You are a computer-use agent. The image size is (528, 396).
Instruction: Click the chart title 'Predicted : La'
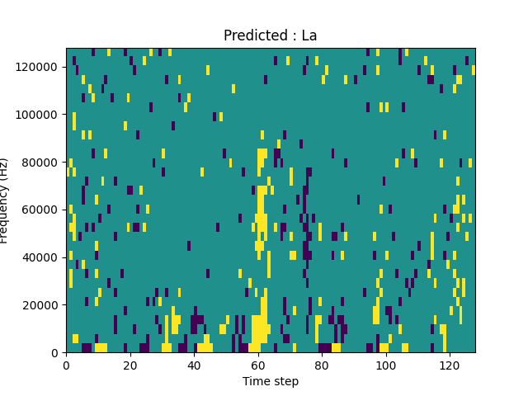pyautogui.click(x=270, y=35)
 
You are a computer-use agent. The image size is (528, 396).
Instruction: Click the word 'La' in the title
pyautogui.click(x=309, y=35)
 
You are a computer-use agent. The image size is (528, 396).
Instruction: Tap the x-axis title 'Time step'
pyautogui.click(x=270, y=381)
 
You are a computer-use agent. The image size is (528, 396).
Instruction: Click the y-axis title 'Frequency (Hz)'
pyautogui.click(x=5, y=200)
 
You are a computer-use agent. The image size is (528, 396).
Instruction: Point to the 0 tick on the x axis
pyautogui.click(x=67, y=365)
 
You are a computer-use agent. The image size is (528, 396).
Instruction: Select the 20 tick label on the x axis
pyautogui.click(x=130, y=365)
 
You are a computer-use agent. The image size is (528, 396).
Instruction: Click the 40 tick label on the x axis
pyautogui.click(x=194, y=365)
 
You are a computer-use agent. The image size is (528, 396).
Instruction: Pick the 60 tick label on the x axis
pyautogui.click(x=257, y=365)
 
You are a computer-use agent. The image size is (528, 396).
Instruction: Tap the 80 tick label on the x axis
pyautogui.click(x=322, y=365)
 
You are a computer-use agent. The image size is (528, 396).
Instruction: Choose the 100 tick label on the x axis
pyautogui.click(x=385, y=365)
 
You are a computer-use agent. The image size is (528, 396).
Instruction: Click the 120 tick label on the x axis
pyautogui.click(x=449, y=365)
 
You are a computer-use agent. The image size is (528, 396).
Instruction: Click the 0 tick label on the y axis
pyautogui.click(x=56, y=353)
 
